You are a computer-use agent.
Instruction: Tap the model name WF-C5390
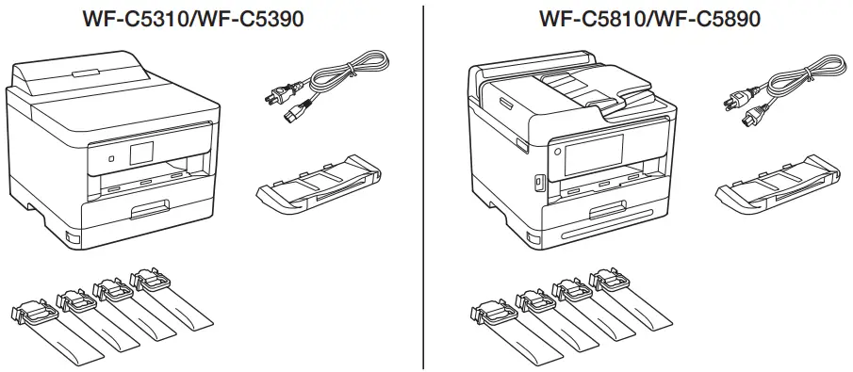point(248,19)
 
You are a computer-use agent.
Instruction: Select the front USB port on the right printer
point(539,180)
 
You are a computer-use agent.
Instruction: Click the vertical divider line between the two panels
point(424,188)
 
